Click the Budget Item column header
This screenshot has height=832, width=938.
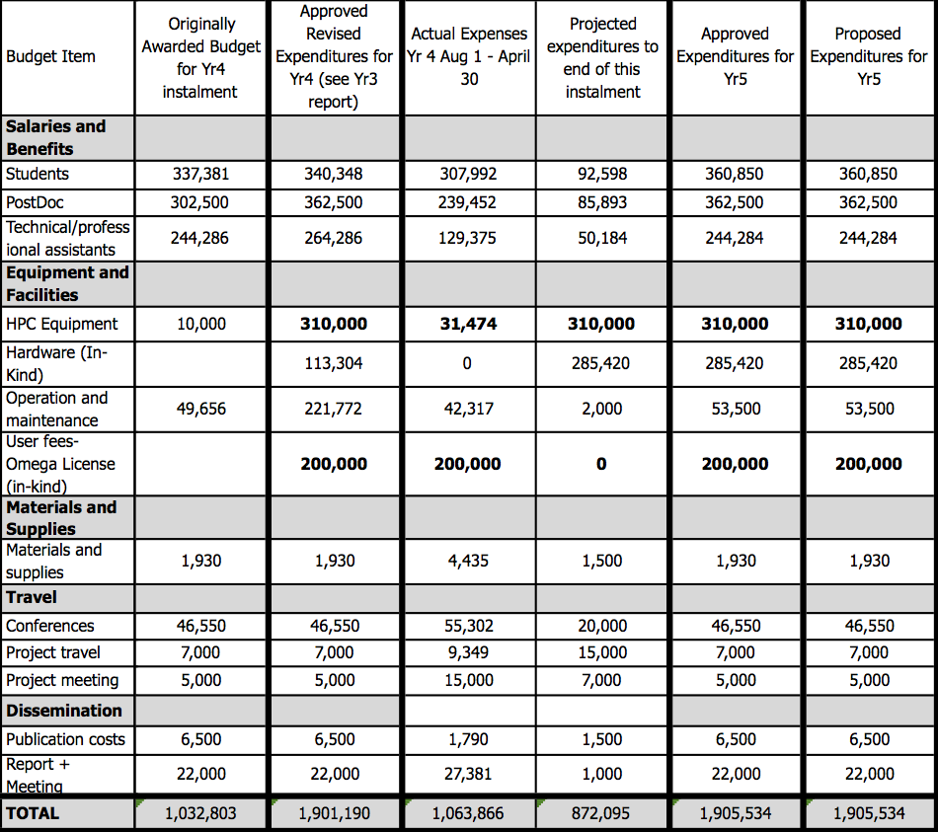(x=50, y=56)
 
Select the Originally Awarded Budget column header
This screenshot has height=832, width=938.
(x=201, y=57)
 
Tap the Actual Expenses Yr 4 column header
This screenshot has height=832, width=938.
(x=469, y=56)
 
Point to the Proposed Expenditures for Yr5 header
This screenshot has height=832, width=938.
(x=868, y=56)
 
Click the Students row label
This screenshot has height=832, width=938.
(x=38, y=174)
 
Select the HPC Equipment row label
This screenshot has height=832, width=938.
(x=61, y=324)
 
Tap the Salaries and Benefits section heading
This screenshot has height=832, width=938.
(x=55, y=137)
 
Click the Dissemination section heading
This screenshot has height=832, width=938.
(x=64, y=711)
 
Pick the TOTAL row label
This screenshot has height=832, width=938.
(x=33, y=813)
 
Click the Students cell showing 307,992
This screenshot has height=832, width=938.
(x=468, y=174)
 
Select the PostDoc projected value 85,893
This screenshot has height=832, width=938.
(x=602, y=202)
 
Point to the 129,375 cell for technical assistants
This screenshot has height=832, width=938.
(x=468, y=238)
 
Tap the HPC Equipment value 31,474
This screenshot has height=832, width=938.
(x=468, y=324)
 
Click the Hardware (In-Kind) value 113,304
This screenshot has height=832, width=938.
(x=334, y=363)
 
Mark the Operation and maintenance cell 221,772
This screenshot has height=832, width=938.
(x=334, y=409)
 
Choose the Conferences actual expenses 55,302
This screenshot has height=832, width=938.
(x=468, y=626)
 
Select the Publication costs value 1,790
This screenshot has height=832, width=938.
(x=468, y=739)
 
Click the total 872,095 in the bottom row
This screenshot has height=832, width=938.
(x=602, y=814)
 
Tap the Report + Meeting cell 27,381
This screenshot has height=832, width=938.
(x=468, y=774)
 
